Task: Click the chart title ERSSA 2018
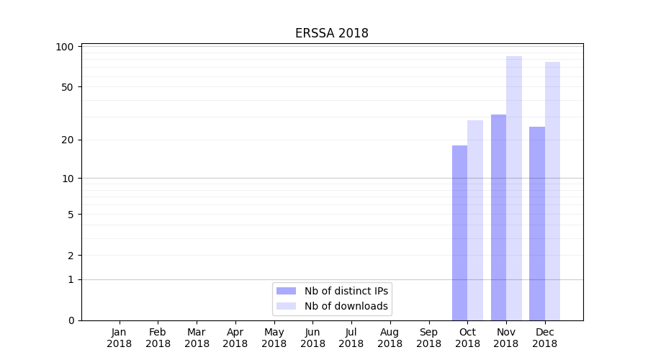point(331,33)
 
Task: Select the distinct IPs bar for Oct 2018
point(459,233)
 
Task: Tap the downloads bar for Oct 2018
point(475,220)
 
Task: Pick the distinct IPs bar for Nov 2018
point(498,217)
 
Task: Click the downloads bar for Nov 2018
point(514,188)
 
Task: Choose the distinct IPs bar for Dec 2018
point(537,223)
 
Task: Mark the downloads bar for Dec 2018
point(552,191)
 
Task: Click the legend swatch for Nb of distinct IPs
point(286,291)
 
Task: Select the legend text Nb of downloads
point(346,306)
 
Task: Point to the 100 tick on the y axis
point(65,47)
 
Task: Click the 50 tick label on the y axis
point(67,87)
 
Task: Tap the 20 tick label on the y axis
point(67,140)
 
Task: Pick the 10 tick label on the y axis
point(67,178)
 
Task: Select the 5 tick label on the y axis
point(70,214)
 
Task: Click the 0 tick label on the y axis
point(70,320)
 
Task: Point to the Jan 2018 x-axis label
point(120,338)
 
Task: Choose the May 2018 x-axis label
point(274,338)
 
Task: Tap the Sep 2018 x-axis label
point(428,338)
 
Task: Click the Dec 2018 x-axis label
point(545,338)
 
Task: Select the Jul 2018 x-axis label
point(351,338)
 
